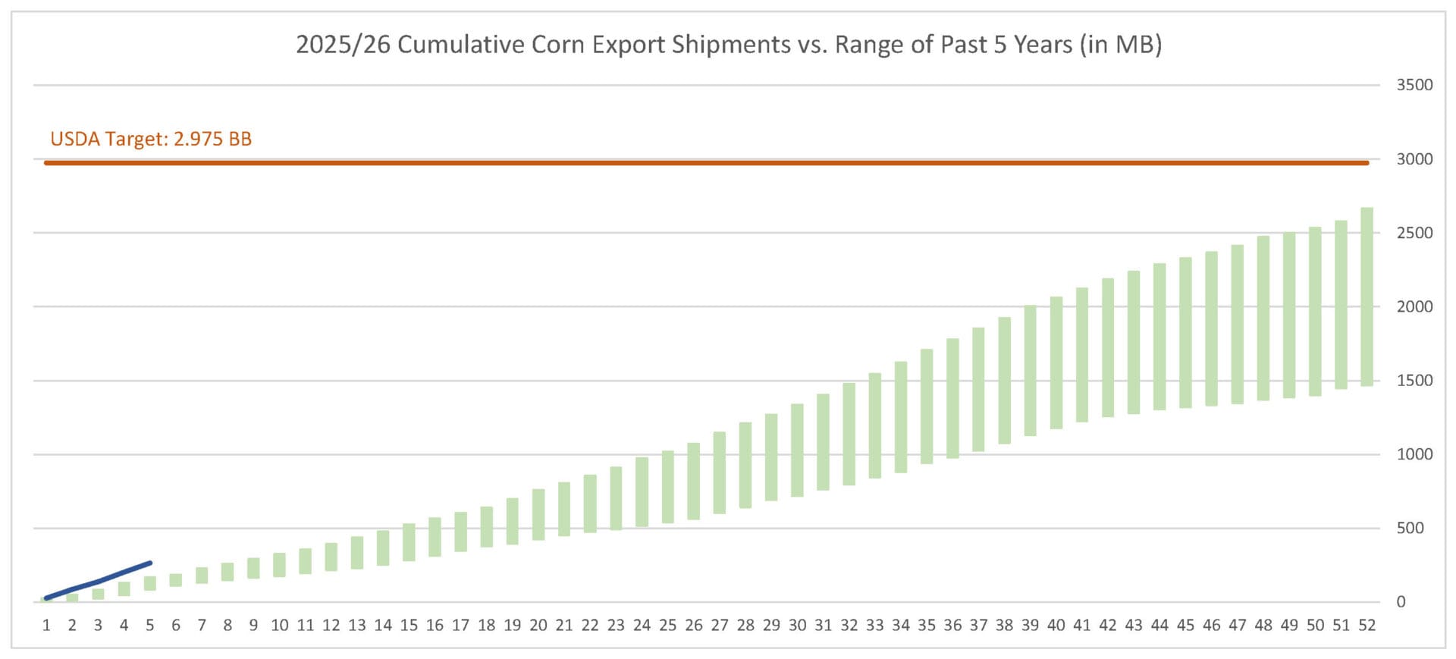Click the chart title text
728,45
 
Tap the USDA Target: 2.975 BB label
151,139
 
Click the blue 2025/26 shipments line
99,582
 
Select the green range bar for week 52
1367,297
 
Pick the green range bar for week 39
1030,370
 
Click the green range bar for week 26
693,481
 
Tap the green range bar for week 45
1185,332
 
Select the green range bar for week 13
357,552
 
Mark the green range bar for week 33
874,425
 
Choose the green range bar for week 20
538,514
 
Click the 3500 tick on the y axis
1414,85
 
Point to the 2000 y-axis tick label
1414,306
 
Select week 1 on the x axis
46,625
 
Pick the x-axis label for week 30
797,625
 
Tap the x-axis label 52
1367,625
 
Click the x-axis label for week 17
460,625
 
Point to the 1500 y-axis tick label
1414,380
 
